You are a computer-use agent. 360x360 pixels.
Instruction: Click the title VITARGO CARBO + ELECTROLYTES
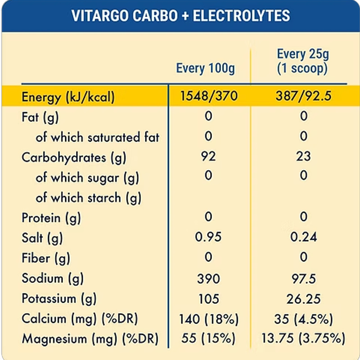coord(180,15)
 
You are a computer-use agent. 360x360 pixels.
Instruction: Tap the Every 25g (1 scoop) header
coord(303,61)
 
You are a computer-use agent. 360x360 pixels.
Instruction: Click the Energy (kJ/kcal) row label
coord(68,97)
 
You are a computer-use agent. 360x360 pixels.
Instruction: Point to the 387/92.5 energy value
coord(303,96)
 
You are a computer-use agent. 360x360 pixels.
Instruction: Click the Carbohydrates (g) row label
coord(74,157)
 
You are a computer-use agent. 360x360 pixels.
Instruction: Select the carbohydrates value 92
coord(208,156)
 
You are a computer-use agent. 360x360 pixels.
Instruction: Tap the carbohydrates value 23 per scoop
coord(304,156)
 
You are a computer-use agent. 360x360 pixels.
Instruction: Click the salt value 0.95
coord(208,237)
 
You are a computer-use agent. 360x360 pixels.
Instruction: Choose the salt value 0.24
coord(304,237)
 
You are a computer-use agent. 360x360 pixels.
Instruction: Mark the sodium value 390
coord(208,279)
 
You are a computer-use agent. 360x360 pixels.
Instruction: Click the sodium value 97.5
coord(303,279)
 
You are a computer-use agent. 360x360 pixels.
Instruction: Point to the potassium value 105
coord(208,299)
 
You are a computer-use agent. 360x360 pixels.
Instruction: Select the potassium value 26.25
coord(303,299)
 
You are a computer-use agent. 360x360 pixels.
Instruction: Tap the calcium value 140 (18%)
coord(208,319)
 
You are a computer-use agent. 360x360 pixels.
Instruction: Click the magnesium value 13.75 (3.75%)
coord(303,339)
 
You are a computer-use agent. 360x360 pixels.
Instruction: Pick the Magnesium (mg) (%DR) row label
coord(90,339)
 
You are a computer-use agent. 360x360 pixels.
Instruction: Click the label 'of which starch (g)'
coord(89,198)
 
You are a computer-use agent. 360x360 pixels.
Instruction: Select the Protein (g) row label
coord(51,218)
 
